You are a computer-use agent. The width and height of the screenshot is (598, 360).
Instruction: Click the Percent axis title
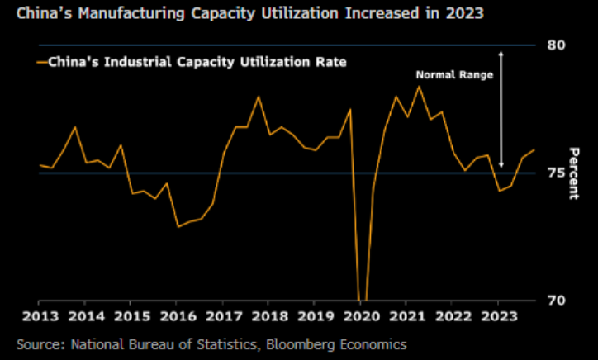coord(573,173)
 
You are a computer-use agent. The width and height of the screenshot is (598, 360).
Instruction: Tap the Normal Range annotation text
coord(453,74)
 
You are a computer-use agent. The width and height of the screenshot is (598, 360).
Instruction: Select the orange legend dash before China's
coord(41,61)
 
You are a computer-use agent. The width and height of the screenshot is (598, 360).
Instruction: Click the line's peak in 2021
coord(419,86)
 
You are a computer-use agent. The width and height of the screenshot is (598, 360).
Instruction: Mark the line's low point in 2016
coord(178,226)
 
